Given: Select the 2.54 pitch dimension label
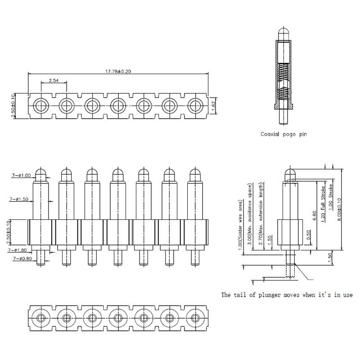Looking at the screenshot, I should click(x=54, y=80).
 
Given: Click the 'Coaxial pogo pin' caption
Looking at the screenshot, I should click(x=283, y=134).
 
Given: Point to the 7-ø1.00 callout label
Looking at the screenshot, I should click(x=21, y=176).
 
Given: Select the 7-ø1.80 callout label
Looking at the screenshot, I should click(x=18, y=249).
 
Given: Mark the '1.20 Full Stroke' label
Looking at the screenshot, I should click(x=323, y=202).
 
